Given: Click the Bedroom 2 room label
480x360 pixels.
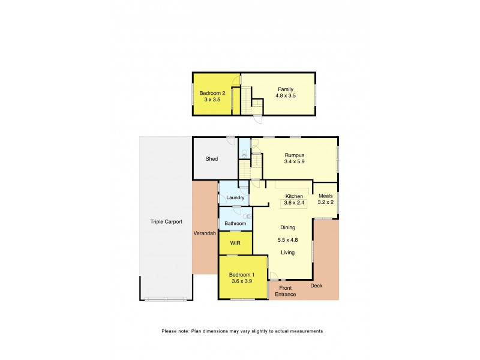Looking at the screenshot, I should point(212,93).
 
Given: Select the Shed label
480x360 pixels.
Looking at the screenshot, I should point(211,159).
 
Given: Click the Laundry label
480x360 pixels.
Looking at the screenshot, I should point(235,197).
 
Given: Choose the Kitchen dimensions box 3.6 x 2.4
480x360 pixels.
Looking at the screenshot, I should point(294,203).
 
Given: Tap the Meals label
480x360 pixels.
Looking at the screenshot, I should point(325,196).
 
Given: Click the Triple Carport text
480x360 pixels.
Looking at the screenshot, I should point(166,222).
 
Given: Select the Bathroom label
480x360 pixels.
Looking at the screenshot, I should point(235,224).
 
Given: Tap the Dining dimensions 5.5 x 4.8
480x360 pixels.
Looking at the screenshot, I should point(288,240).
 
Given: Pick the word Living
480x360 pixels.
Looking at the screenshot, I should point(288,253).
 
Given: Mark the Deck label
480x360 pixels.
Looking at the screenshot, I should point(316,286).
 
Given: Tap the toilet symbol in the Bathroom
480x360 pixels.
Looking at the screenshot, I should point(247,217).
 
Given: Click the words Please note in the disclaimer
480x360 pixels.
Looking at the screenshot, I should point(173,331).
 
